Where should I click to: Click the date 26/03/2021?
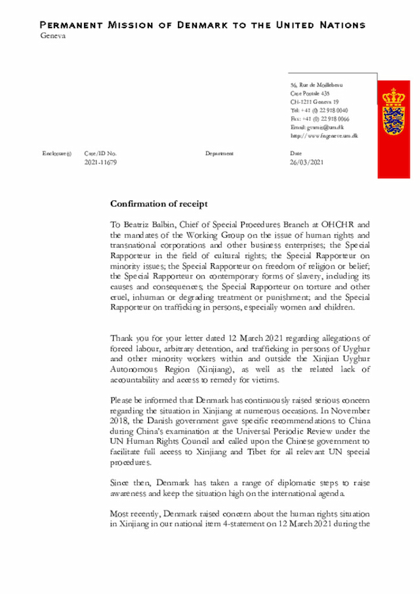click(306, 162)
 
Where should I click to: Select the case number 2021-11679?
click(100, 162)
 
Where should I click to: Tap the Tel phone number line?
click(320, 110)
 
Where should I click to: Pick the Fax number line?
click(320, 119)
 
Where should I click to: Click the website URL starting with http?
click(324, 136)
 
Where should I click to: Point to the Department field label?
click(219, 154)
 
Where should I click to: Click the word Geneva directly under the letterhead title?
click(53, 35)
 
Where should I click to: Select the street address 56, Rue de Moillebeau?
click(316, 85)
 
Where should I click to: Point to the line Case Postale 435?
click(310, 94)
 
